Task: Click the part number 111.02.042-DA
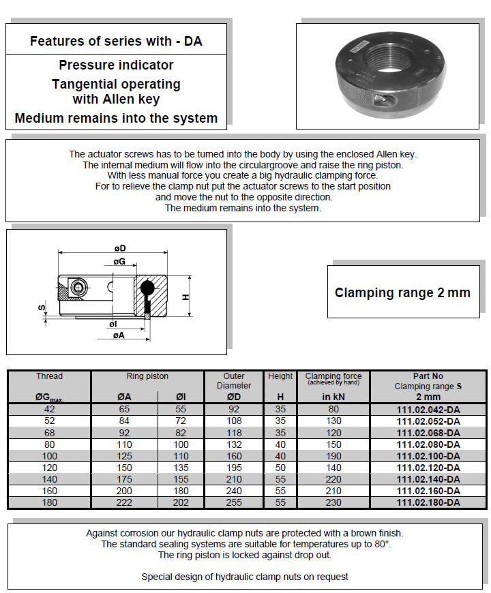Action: click(428, 410)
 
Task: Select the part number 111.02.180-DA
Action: click(428, 502)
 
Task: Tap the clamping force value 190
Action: click(333, 456)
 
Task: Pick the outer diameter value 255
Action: click(234, 502)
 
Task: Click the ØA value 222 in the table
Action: click(123, 502)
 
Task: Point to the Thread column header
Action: click(49, 376)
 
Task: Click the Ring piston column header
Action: click(147, 376)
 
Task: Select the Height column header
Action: click(280, 376)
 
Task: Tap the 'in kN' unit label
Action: click(333, 397)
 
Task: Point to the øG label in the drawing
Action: click(119, 261)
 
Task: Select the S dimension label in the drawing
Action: click(40, 309)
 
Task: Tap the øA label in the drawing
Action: click(118, 335)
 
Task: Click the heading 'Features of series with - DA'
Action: click(116, 41)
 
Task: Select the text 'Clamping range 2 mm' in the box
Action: click(402, 293)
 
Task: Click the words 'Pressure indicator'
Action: click(116, 65)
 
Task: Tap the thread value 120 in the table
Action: click(49, 468)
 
